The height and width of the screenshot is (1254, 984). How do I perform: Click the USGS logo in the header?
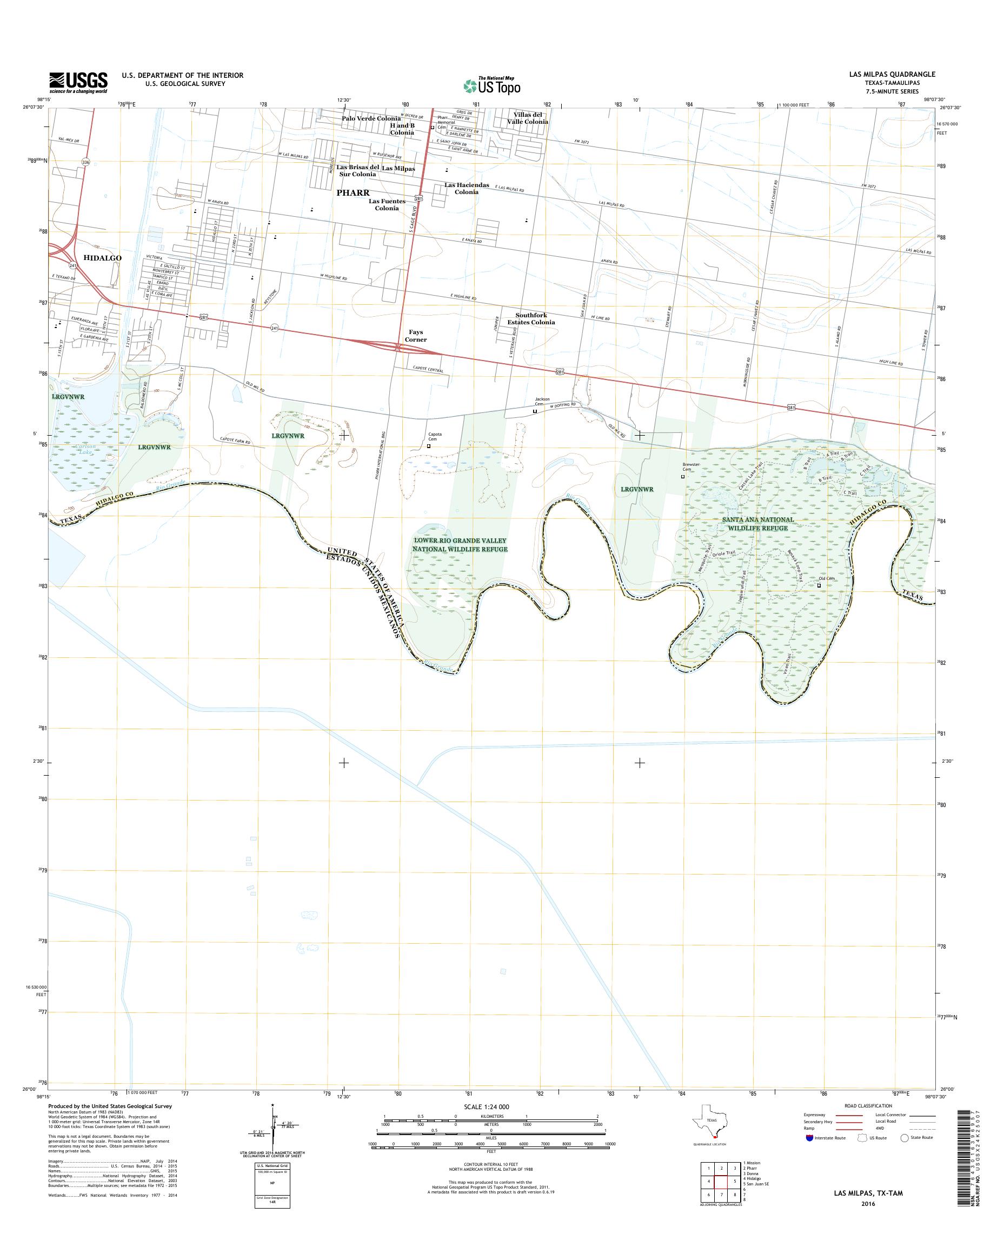(78, 82)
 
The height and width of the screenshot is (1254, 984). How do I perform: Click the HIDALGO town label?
(103, 258)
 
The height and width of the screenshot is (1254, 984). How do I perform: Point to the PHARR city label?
(353, 193)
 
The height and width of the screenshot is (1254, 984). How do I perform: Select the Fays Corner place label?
(415, 336)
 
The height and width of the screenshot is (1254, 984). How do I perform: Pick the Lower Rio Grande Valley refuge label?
(459, 544)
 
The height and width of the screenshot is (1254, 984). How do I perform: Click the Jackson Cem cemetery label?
(542, 402)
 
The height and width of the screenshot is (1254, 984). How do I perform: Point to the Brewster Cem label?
(690, 466)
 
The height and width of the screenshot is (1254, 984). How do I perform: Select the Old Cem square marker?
(819, 586)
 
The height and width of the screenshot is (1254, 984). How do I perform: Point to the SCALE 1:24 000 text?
(486, 1106)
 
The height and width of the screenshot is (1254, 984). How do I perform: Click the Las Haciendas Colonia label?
(466, 188)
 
